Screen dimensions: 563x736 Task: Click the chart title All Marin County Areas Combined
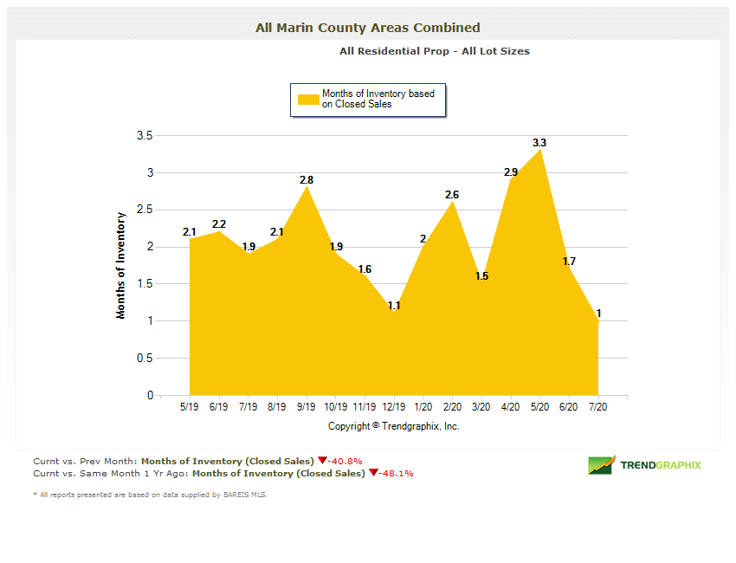(367, 28)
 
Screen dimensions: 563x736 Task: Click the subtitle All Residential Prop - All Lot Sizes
(434, 51)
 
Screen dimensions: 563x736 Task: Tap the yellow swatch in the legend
(308, 99)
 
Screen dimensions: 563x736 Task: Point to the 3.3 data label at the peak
(539, 142)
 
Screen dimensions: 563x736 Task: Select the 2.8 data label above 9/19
(306, 179)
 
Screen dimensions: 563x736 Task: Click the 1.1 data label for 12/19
(394, 306)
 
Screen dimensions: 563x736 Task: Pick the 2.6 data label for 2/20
(452, 195)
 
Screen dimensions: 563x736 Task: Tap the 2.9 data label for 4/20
(511, 172)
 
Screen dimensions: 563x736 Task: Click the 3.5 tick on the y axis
(145, 136)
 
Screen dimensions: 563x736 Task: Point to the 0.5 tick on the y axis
(145, 359)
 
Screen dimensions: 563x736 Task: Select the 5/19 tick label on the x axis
(189, 407)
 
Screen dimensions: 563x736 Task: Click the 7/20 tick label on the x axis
(598, 407)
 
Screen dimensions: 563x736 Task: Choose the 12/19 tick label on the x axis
(394, 407)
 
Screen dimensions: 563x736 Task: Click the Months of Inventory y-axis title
(121, 265)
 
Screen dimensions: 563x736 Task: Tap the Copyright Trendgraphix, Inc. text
(394, 426)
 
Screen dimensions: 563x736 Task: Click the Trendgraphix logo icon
(601, 465)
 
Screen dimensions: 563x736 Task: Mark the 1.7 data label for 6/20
(569, 261)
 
